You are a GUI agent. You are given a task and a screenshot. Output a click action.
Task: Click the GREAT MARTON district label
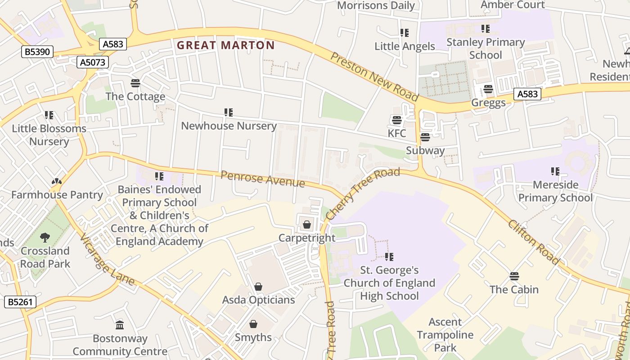[225, 45]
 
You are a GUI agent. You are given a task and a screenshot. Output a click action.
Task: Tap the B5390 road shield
[37, 52]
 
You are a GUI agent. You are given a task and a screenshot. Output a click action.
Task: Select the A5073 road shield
[93, 62]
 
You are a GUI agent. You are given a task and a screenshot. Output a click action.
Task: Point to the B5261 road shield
[21, 301]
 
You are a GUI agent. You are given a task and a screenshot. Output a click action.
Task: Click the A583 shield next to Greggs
[527, 94]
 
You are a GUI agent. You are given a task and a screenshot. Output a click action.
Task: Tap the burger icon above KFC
[396, 120]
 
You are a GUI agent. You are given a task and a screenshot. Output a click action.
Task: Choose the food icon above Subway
[425, 137]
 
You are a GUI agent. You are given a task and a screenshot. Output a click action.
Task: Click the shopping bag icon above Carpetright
[307, 225]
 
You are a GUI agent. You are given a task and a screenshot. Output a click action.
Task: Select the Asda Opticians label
[258, 300]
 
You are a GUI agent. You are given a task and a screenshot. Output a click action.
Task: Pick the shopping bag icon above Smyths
[253, 324]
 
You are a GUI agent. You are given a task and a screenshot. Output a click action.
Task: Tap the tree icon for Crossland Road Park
[45, 237]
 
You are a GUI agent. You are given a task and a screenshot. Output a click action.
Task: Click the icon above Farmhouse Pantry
[56, 181]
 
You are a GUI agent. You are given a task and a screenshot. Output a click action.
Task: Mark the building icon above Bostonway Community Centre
[120, 325]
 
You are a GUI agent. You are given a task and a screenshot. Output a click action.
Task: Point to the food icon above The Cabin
[514, 276]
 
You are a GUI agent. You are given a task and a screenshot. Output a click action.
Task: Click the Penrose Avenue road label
[263, 179]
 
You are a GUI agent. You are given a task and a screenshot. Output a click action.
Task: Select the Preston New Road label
[374, 76]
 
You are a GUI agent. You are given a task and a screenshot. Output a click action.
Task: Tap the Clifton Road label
[534, 242]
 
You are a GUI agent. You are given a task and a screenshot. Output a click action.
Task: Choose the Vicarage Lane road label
[107, 260]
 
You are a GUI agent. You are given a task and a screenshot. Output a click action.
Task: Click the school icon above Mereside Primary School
[555, 171]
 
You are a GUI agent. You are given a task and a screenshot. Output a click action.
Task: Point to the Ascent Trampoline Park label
[445, 335]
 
